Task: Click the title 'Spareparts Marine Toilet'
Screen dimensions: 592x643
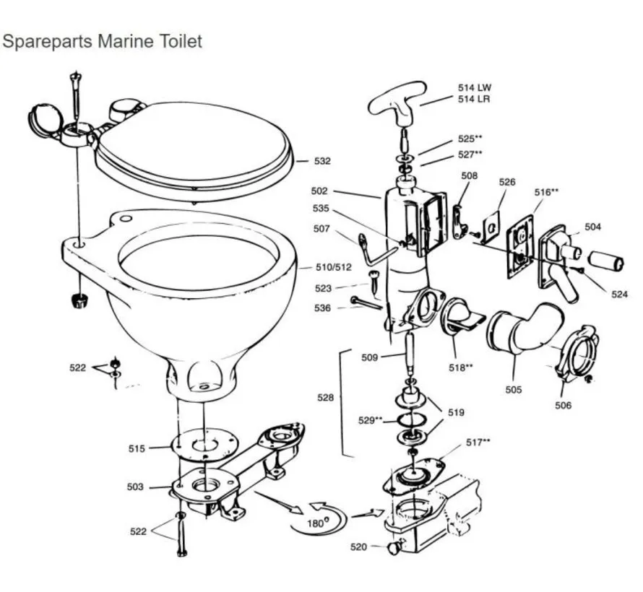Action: click(x=102, y=41)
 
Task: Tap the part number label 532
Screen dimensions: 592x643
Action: click(x=321, y=162)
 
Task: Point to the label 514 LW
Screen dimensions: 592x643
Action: click(x=474, y=87)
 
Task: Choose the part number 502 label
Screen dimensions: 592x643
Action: click(x=319, y=191)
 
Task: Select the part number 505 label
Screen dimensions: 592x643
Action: click(x=513, y=390)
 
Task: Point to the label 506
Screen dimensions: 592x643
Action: click(x=563, y=405)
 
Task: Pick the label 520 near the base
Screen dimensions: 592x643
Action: click(x=358, y=547)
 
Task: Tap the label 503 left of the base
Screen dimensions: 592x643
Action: click(x=135, y=487)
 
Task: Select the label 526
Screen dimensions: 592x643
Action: click(x=507, y=182)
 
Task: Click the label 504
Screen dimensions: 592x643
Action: click(x=592, y=227)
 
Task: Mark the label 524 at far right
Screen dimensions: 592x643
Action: click(x=619, y=294)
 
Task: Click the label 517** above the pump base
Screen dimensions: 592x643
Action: click(x=478, y=441)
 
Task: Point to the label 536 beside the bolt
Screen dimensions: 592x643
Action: click(x=323, y=308)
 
